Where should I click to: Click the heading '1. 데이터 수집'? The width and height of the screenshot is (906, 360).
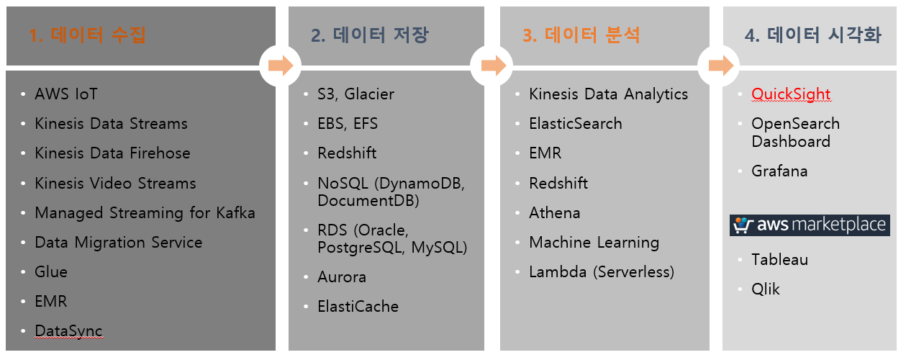[x=87, y=35]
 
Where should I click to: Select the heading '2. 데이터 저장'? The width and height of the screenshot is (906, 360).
[x=370, y=35]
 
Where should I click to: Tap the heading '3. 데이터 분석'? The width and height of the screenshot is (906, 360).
[x=581, y=35]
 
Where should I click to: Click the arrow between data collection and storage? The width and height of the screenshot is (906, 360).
[x=280, y=66]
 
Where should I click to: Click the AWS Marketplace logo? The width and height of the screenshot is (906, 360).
[x=810, y=225]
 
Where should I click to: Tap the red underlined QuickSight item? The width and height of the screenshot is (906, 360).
[x=791, y=94]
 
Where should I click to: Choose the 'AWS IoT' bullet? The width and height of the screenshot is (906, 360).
[x=66, y=94]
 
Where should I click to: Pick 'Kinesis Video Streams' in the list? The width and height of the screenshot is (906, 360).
[x=115, y=184]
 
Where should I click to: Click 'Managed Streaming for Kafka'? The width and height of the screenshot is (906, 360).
[x=145, y=213]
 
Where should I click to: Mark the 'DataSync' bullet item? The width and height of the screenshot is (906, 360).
[x=68, y=331]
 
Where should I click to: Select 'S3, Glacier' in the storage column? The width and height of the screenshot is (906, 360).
[x=355, y=94]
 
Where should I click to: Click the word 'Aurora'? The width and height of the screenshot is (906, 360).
[x=342, y=277]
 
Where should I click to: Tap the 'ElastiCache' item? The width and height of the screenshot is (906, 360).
[x=358, y=307]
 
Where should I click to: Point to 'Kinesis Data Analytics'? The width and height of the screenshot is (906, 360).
[x=608, y=94]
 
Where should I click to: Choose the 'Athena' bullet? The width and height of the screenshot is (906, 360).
[x=554, y=213]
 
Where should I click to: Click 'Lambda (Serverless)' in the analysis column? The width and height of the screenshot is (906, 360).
[x=601, y=272]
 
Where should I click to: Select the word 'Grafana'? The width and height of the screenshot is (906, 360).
[x=779, y=171]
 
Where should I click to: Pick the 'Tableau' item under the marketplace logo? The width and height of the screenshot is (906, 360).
[x=779, y=260]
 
